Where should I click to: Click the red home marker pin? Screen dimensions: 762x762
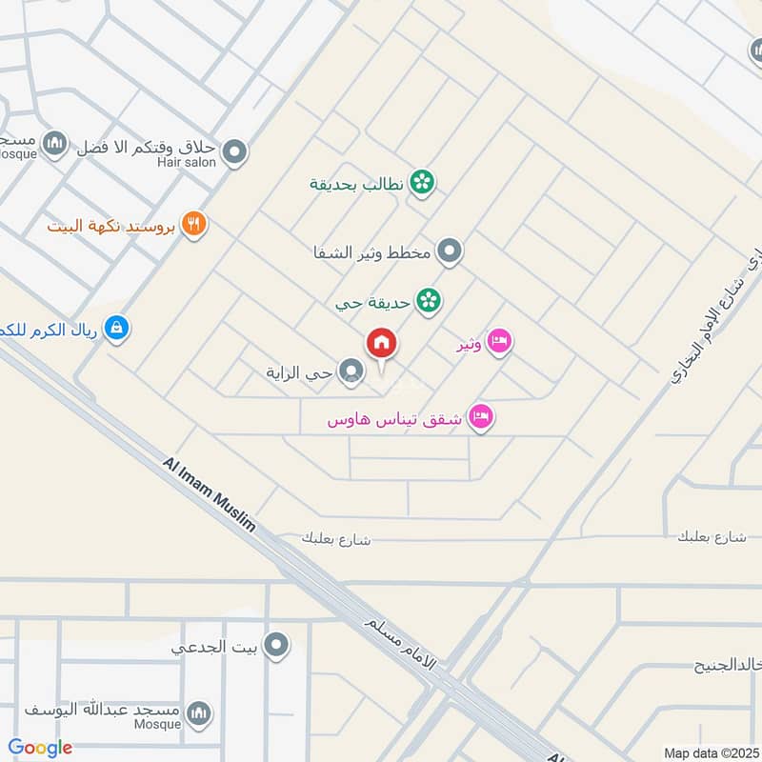pos(382,344)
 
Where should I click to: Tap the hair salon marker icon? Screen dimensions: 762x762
pos(234,151)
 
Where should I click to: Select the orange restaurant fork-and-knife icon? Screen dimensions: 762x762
pos(194,225)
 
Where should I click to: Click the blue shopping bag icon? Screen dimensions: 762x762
pos(116,329)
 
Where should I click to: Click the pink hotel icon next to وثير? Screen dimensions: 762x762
pos(499,342)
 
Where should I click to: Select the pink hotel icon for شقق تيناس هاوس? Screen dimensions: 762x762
pos(482,418)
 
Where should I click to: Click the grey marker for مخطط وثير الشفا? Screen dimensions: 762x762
pos(451,252)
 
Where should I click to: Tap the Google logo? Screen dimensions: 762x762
pos(40,748)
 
